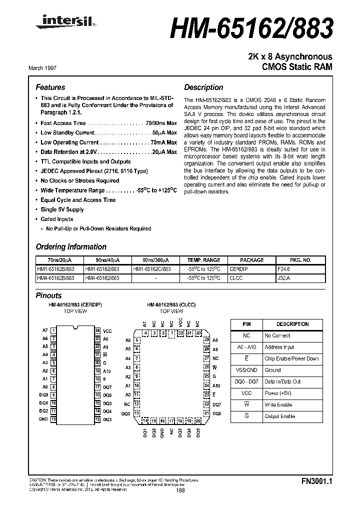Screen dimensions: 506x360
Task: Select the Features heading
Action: point(50,87)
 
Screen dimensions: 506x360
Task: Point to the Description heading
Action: point(203,87)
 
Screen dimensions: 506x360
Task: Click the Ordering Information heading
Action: point(71,246)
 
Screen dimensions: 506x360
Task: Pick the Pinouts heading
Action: point(49,295)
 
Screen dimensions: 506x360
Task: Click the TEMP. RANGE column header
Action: point(203,260)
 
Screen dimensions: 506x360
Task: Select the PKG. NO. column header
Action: point(300,260)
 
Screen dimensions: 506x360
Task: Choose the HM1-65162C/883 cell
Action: point(152,268)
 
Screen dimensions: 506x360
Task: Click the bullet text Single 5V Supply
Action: point(62,209)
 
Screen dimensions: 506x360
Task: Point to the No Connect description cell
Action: point(277,336)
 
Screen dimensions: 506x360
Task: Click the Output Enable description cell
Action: point(279,416)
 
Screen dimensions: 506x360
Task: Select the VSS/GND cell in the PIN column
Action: point(246,370)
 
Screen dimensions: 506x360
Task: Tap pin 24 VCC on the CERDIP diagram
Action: point(97,331)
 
